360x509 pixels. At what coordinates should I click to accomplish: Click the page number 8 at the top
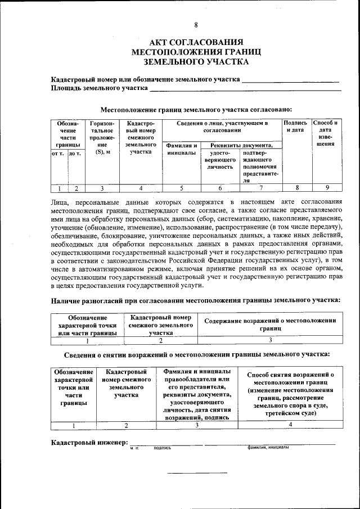click(196, 25)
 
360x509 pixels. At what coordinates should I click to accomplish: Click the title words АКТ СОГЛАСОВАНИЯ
click(196, 42)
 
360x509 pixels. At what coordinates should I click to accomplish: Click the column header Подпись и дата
click(295, 127)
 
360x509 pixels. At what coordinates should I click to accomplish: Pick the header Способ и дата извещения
click(325, 133)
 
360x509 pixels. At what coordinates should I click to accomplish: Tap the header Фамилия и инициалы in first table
click(181, 149)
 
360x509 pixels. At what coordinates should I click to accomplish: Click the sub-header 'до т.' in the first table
click(75, 152)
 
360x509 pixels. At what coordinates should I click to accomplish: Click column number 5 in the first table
click(181, 188)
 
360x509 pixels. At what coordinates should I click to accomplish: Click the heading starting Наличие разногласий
click(196, 300)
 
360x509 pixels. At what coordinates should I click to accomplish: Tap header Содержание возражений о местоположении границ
click(270, 323)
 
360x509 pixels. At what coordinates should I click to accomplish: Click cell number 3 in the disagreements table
click(270, 340)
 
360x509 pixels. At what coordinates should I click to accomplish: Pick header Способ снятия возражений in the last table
click(290, 393)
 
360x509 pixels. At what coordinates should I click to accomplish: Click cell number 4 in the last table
click(290, 425)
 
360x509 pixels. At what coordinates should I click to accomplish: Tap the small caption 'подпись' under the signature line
click(162, 448)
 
